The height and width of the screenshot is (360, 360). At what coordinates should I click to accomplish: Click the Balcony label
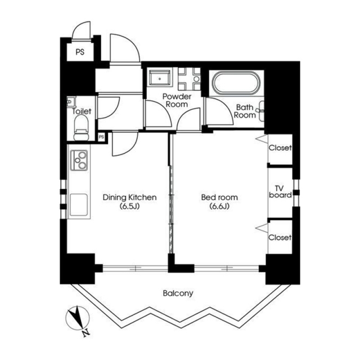click(x=178, y=293)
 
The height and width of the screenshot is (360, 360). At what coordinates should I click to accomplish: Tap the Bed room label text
click(x=219, y=197)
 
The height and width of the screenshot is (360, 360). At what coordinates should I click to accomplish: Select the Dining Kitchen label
click(x=130, y=197)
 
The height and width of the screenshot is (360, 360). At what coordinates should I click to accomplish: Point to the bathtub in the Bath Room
click(x=236, y=83)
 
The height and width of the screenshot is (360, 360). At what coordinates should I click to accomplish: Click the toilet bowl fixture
click(x=81, y=128)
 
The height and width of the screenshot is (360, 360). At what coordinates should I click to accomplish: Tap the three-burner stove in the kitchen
click(x=79, y=160)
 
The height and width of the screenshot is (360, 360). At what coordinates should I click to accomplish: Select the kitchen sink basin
click(x=79, y=205)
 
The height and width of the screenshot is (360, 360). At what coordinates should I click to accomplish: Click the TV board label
click(x=280, y=192)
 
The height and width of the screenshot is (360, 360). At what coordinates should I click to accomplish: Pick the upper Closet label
click(x=280, y=147)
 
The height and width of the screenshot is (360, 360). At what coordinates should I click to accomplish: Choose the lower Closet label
click(x=280, y=237)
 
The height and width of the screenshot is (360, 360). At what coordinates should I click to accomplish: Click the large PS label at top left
click(x=80, y=52)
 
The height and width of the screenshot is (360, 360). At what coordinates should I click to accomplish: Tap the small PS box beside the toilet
click(x=101, y=137)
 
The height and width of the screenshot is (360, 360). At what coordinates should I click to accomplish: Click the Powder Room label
click(x=177, y=100)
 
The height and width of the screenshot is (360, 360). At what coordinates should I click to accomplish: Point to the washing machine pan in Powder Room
click(x=160, y=78)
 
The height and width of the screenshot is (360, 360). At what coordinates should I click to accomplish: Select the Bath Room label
click(x=245, y=111)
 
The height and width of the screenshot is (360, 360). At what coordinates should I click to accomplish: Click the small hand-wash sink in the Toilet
click(x=71, y=101)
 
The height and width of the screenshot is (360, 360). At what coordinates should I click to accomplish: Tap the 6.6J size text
click(x=219, y=206)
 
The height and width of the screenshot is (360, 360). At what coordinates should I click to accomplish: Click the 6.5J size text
click(x=130, y=206)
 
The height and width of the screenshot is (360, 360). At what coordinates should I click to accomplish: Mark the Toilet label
click(x=82, y=111)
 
